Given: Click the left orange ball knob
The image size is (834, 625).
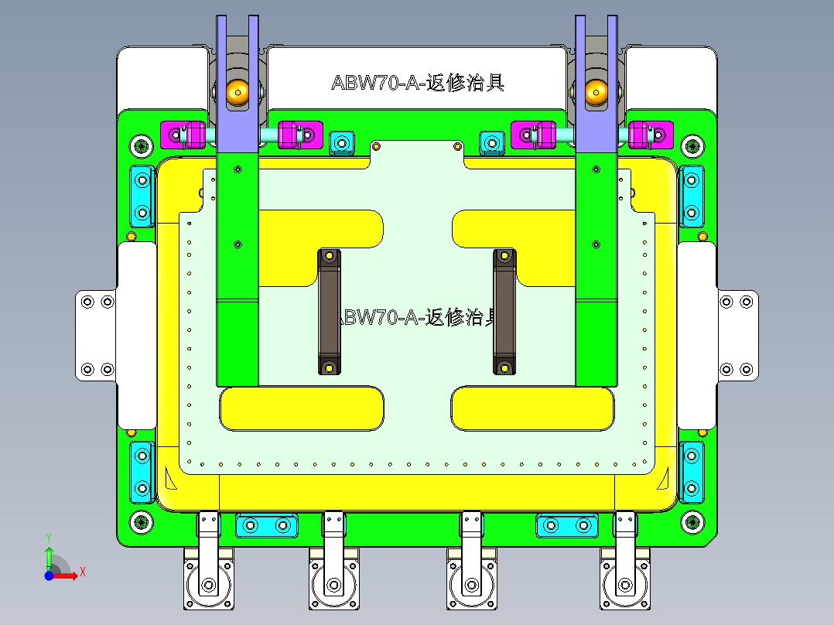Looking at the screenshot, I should (x=237, y=92).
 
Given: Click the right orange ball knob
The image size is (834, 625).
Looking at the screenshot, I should (x=596, y=91).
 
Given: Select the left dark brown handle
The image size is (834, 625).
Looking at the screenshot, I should (x=330, y=312).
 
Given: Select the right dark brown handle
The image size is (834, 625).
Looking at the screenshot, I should (x=504, y=312).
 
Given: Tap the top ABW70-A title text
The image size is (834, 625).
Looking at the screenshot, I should (x=418, y=83).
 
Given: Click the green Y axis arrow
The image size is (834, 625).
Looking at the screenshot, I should (x=49, y=554).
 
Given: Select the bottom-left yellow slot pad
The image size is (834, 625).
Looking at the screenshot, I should (x=302, y=408).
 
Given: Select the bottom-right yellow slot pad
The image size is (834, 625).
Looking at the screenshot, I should (x=532, y=408).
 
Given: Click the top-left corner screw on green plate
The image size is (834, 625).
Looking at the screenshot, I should (x=141, y=145).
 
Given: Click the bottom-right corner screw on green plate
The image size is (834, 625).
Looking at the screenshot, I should (x=692, y=522).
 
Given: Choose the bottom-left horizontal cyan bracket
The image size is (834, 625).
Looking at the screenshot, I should (x=266, y=526).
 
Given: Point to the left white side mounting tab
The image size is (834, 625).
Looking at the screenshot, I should (x=95, y=336).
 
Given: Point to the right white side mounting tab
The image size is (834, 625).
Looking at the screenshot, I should (x=737, y=336).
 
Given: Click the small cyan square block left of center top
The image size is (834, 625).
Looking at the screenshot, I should (x=342, y=142).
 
